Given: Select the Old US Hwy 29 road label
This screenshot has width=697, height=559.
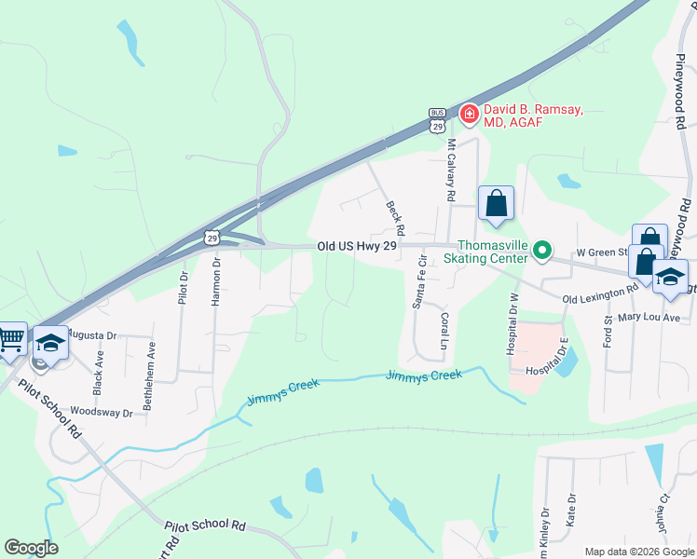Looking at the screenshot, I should (x=357, y=246).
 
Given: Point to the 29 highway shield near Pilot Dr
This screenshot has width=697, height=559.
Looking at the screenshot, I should (x=213, y=239).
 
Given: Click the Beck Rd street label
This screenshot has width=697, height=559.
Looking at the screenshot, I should (x=395, y=216).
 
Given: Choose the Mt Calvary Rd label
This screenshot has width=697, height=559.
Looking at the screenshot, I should (x=451, y=170).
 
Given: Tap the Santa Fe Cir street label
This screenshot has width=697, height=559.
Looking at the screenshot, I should (x=418, y=280).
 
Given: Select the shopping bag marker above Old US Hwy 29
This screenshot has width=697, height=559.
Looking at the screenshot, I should (x=496, y=202).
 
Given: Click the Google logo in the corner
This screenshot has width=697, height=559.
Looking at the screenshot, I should (x=32, y=548).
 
